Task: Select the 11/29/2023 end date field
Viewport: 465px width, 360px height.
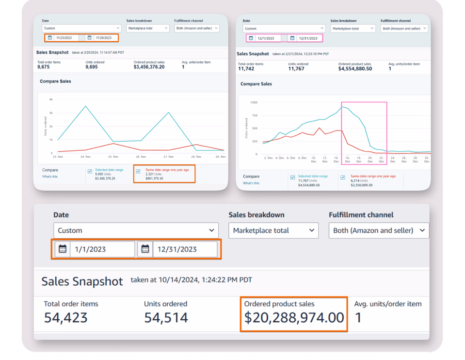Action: pyautogui.click(x=106, y=38)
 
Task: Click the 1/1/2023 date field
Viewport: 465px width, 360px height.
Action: pyautogui.click(x=102, y=249)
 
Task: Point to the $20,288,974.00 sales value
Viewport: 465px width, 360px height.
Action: pyautogui.click(x=294, y=318)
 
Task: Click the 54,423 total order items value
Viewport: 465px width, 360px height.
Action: pyautogui.click(x=66, y=318)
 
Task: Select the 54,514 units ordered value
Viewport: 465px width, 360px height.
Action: pyautogui.click(x=166, y=318)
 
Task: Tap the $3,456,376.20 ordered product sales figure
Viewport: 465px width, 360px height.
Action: pyautogui.click(x=149, y=67)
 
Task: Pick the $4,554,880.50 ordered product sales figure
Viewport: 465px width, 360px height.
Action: pyautogui.click(x=355, y=69)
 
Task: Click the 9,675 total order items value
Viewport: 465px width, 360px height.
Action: pyautogui.click(x=46, y=67)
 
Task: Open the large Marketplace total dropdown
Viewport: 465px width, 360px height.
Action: pyautogui.click(x=273, y=230)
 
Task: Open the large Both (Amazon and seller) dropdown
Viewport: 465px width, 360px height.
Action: pyautogui.click(x=379, y=230)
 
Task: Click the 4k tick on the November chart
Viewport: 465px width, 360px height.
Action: pyautogui.click(x=50, y=99)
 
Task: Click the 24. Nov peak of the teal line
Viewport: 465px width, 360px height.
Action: pyautogui.click(x=86, y=106)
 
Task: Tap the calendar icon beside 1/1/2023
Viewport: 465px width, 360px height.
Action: pyautogui.click(x=63, y=249)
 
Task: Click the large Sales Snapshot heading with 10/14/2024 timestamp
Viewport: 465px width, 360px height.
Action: pyautogui.click(x=82, y=282)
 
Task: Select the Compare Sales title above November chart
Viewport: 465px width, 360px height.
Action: pyautogui.click(x=55, y=82)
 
